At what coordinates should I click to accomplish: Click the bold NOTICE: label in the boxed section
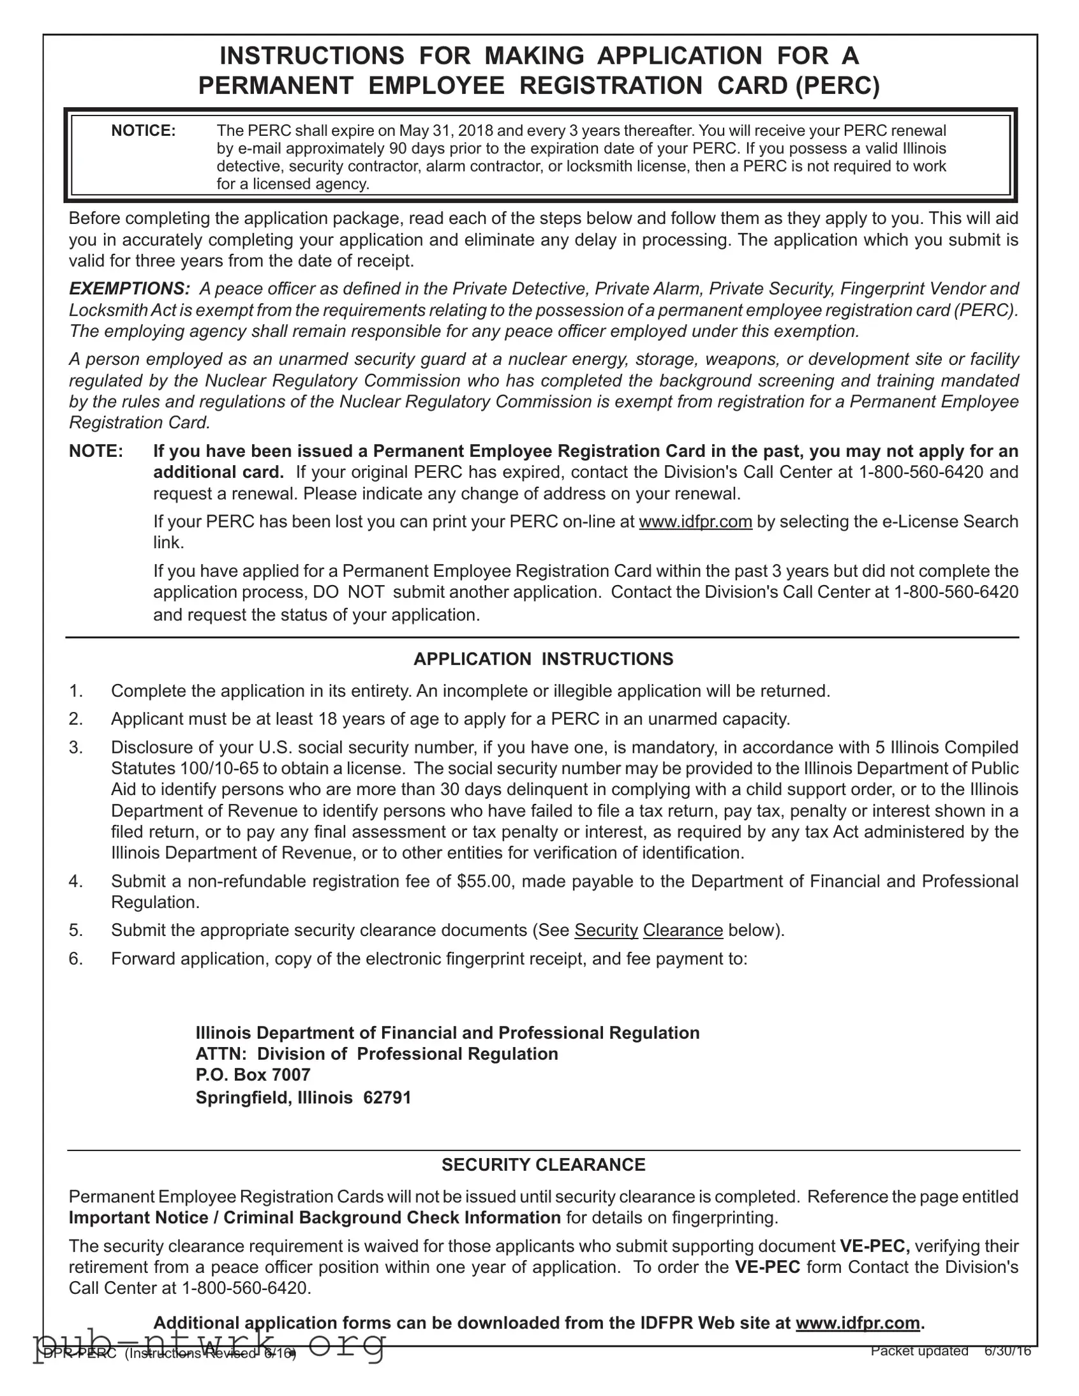point(143,131)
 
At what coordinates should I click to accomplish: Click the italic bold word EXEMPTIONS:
point(130,289)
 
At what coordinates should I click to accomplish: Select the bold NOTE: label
point(96,451)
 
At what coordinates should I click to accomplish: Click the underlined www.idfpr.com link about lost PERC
point(696,521)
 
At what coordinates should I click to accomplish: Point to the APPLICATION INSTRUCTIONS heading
point(544,659)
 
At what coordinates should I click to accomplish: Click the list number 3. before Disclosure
point(76,747)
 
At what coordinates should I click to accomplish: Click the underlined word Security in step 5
point(606,930)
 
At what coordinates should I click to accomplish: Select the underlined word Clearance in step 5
point(683,930)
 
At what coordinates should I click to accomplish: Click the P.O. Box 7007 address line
point(253,1074)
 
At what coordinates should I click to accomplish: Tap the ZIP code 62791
point(387,1097)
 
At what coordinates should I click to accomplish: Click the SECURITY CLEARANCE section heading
point(544,1164)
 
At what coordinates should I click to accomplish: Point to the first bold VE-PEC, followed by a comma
point(875,1246)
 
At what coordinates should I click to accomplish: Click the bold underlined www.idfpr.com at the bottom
point(858,1323)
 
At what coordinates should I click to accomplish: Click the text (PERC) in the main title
point(837,85)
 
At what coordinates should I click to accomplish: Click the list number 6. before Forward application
point(76,959)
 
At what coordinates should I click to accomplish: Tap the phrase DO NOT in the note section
point(348,592)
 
